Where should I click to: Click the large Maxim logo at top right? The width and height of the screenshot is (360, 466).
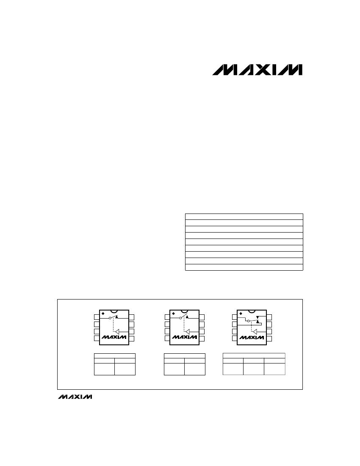pyautogui.click(x=257, y=69)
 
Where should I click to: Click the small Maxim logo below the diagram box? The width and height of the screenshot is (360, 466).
pyautogui.click(x=75, y=397)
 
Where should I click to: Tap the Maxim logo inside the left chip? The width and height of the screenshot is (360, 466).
pyautogui.click(x=114, y=337)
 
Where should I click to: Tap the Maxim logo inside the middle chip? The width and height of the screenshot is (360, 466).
pyautogui.click(x=185, y=337)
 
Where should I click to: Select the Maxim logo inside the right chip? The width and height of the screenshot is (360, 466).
pyautogui.click(x=252, y=337)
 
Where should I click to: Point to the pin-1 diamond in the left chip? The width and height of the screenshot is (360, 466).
pyautogui.click(x=103, y=313)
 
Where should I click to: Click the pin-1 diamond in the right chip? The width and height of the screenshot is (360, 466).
pyautogui.click(x=241, y=313)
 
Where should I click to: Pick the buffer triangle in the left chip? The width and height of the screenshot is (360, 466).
pyautogui.click(x=117, y=331)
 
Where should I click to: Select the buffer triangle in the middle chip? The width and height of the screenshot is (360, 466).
pyautogui.click(x=188, y=331)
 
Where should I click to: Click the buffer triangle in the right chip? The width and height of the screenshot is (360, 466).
pyautogui.click(x=255, y=331)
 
